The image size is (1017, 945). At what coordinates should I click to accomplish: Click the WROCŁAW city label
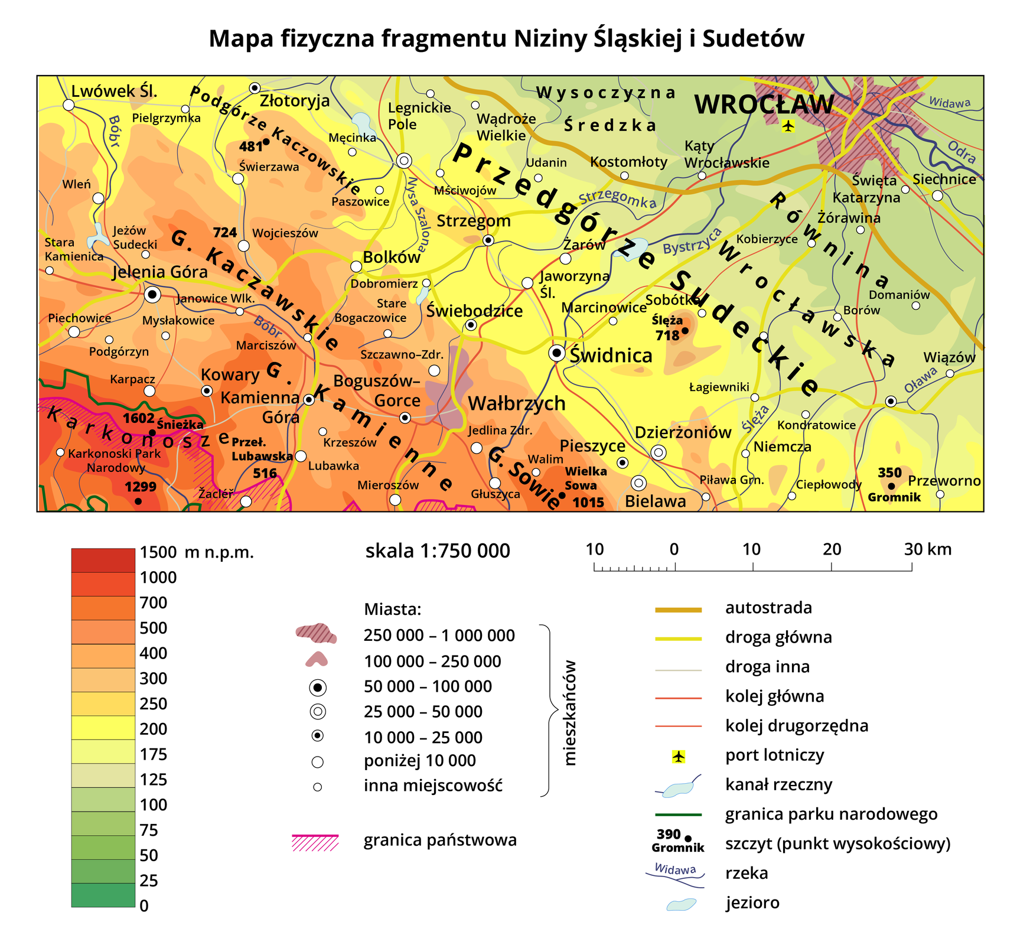coord(764,105)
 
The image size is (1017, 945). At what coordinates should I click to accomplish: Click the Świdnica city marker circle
coord(556,353)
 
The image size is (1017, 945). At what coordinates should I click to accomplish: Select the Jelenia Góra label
coord(160,272)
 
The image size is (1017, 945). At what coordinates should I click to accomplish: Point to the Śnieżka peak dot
coord(152,432)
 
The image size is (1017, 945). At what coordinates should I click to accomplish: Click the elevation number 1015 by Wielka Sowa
coord(588,503)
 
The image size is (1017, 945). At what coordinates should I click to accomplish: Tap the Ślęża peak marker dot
coord(685,331)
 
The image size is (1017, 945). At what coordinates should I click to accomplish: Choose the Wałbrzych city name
coord(517,404)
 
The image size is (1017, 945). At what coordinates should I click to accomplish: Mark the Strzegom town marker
coord(488,240)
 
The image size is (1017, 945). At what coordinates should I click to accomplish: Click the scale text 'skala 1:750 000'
coord(438,550)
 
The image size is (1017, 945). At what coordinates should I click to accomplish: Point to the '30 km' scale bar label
coord(928,549)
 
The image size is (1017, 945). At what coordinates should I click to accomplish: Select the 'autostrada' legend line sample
coord(678,610)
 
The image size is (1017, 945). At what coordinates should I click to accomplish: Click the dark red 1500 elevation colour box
coord(103,561)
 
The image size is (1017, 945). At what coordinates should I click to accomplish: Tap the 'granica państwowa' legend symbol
coord(315,842)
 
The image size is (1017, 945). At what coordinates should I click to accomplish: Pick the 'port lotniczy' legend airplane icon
coord(679,756)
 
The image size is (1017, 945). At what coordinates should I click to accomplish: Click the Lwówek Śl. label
coord(114,91)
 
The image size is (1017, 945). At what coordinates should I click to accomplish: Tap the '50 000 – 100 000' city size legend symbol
coord(318,687)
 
